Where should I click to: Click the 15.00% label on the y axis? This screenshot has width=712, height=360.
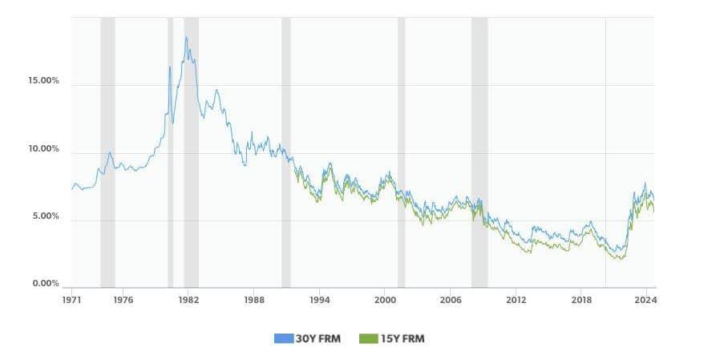click(43, 81)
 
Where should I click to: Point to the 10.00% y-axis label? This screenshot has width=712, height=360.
click(43, 149)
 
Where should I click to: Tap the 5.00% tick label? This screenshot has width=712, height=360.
click(45, 216)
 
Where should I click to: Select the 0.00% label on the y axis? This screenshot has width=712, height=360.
click(45, 283)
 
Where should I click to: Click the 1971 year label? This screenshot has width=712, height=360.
click(72, 300)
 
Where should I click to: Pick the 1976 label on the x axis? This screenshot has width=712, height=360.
click(123, 300)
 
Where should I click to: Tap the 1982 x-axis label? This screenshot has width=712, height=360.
click(188, 300)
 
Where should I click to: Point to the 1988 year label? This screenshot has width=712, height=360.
click(254, 300)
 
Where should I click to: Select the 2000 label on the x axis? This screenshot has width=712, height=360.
click(385, 300)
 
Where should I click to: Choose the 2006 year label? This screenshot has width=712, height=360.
click(451, 300)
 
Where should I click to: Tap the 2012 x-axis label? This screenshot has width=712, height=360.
click(516, 300)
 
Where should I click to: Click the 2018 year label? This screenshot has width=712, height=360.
click(581, 300)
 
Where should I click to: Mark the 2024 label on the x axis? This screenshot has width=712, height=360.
click(645, 300)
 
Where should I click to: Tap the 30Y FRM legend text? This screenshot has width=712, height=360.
click(320, 338)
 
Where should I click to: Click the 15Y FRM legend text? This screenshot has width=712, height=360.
click(403, 338)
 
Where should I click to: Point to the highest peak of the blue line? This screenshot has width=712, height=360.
click(186, 37)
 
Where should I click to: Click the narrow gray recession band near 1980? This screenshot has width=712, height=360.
click(170, 152)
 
